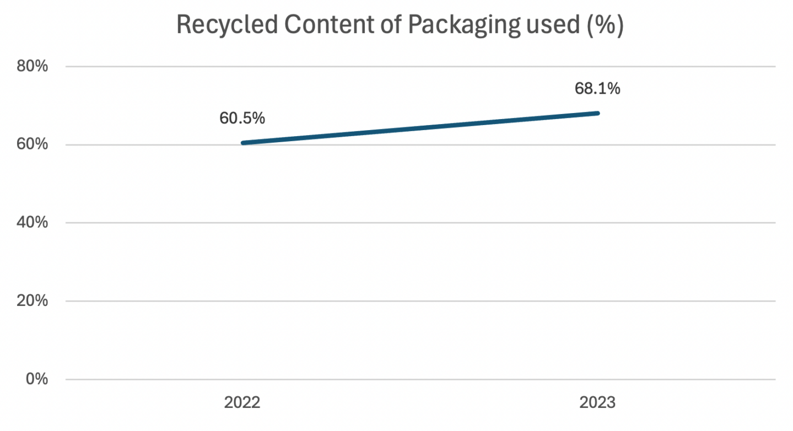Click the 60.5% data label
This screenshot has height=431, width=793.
pos(242,118)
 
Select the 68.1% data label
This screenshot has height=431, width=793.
pos(597,89)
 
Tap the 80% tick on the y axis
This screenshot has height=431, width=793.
pos(34,67)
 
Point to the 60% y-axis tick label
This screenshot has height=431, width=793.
pos(34,145)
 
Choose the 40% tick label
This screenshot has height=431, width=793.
pos(34,223)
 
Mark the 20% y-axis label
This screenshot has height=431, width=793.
pos(34,301)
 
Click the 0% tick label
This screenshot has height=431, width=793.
pos(37,379)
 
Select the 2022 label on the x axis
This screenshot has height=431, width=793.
pos(242,403)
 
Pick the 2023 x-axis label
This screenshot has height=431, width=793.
pos(597,403)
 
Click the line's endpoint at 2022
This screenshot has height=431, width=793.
pos(243,143)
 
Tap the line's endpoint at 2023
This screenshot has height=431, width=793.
pos(597,114)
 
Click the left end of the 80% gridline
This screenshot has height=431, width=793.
pos(66,67)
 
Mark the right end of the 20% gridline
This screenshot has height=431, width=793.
pos(775,301)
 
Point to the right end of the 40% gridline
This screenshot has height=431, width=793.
pos(775,223)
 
